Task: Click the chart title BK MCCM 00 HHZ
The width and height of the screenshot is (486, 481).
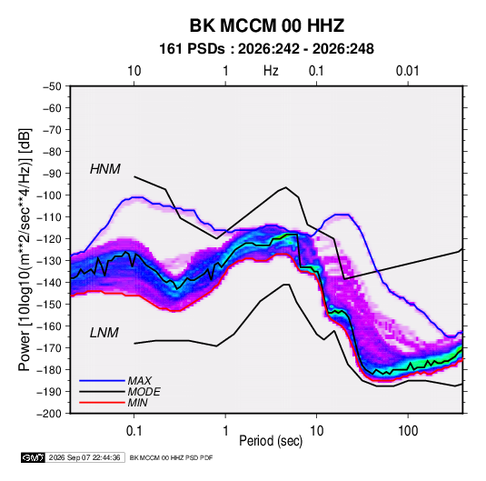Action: [x=267, y=25]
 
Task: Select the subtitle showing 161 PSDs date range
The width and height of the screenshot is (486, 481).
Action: [x=266, y=49]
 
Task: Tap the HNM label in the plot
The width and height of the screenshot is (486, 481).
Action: [x=105, y=169]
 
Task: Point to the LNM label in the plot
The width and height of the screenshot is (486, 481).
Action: [x=104, y=333]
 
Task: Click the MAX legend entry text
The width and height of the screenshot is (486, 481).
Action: [x=140, y=380]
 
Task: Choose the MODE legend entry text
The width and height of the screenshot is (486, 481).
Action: [x=144, y=392]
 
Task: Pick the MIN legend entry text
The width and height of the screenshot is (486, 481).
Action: [x=137, y=403]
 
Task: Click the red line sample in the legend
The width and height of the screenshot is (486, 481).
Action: [x=102, y=403]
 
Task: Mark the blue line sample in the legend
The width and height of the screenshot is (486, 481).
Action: [x=102, y=380]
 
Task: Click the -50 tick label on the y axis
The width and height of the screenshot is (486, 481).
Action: [x=52, y=86]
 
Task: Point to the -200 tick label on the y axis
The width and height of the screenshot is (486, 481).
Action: [x=49, y=414]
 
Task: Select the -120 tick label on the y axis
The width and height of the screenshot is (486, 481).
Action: [x=49, y=239]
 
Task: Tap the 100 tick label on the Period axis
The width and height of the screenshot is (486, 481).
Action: [x=408, y=431]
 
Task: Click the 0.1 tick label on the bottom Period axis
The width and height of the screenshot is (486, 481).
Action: [x=134, y=431]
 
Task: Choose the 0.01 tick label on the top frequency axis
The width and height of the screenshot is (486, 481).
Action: [x=408, y=71]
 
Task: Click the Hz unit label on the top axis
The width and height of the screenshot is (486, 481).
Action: [x=271, y=71]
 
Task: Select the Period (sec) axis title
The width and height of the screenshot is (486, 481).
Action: [x=271, y=441]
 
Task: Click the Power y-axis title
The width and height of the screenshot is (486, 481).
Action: [x=25, y=250]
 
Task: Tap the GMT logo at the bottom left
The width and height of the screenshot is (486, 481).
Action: [x=34, y=457]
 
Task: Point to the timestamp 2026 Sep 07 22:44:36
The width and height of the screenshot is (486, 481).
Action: [x=84, y=457]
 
